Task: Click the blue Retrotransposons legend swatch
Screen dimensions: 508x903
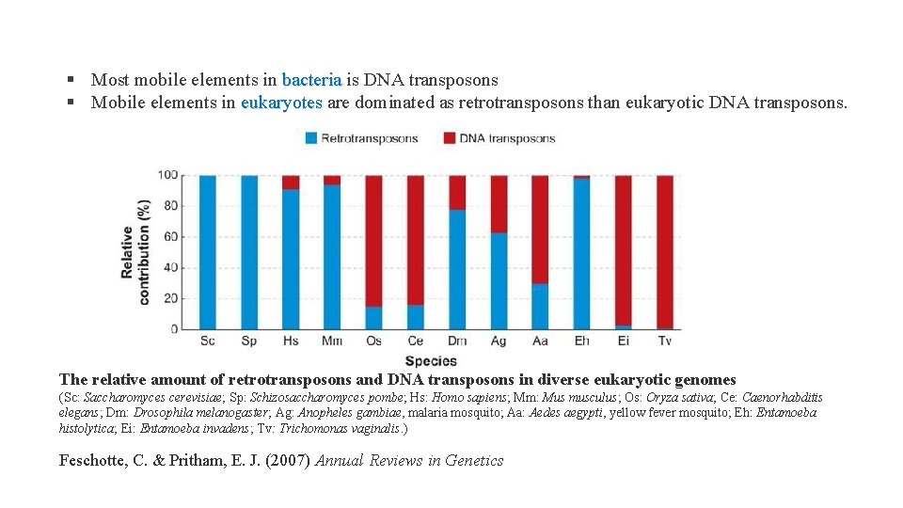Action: coord(310,138)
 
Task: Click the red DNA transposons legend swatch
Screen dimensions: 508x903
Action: coord(449,138)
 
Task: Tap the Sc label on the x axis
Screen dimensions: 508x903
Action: coord(208,341)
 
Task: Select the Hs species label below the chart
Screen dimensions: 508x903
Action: coord(291,341)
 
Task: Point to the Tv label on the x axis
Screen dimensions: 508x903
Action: coord(664,341)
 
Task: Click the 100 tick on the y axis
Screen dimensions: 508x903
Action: coord(167,175)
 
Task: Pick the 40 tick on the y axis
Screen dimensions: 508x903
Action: coord(170,267)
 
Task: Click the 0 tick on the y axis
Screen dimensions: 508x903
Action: coord(174,328)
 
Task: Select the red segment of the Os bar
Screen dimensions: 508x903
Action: coord(373,240)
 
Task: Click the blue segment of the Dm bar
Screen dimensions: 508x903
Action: coord(457,269)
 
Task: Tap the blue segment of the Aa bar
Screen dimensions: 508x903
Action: coord(540,306)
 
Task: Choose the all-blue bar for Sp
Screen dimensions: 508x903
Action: coord(249,252)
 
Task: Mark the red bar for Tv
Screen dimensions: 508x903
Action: coord(664,252)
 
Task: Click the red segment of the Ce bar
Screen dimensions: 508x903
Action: coord(415,240)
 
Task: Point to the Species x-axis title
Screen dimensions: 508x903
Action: coord(431,360)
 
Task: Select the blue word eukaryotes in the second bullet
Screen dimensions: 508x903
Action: coord(281,103)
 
